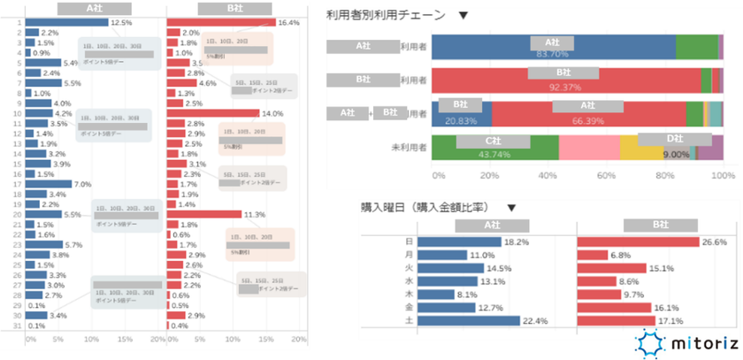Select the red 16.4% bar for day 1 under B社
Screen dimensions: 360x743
[x=220, y=22]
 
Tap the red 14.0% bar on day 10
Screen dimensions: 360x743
[x=212, y=113]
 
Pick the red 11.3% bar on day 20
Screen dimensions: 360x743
[x=203, y=214]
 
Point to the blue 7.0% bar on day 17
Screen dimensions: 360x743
[x=50, y=184]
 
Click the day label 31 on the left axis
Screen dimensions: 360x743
[x=17, y=326]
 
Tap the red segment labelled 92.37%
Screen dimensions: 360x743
[x=566, y=81]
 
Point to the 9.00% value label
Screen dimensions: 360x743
[x=676, y=154]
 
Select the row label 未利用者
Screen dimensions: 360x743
[x=409, y=148]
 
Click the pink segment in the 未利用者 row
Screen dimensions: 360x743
[x=589, y=148]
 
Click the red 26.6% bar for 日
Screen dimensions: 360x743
[x=637, y=241]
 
